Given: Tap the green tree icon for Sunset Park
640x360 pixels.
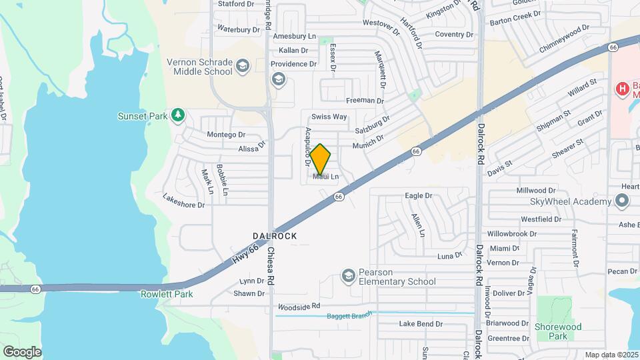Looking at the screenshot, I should click(x=177, y=116).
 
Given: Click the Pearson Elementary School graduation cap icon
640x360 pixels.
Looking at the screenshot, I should click(x=348, y=275).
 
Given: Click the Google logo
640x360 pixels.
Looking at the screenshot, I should click(x=22, y=351).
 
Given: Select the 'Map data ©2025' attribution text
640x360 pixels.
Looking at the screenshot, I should click(x=612, y=355).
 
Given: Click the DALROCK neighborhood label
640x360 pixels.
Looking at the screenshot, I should click(x=275, y=236).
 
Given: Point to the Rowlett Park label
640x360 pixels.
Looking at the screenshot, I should click(x=167, y=294).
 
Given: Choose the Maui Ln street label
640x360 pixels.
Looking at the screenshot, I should click(x=326, y=177).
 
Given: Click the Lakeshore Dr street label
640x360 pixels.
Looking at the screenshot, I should click(x=183, y=201).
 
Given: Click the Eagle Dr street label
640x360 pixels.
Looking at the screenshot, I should click(x=419, y=196).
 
